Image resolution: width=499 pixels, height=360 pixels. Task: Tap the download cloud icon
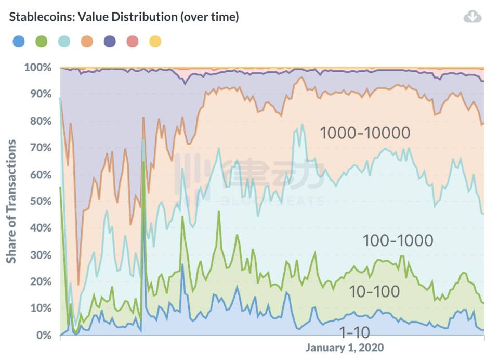tap(472, 17)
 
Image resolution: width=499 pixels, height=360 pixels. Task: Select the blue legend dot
tap(18, 41)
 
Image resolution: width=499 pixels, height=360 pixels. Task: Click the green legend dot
tap(41, 41)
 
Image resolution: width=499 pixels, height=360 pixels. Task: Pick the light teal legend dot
tap(64, 41)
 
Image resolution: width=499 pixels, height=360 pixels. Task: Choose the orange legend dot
tap(87, 41)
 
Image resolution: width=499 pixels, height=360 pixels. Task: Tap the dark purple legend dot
tap(110, 41)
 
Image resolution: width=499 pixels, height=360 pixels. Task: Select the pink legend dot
tap(133, 41)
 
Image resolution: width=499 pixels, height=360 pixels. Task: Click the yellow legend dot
tap(155, 41)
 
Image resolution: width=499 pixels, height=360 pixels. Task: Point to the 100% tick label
tap(38, 68)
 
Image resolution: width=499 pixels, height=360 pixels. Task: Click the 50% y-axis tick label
tap(40, 201)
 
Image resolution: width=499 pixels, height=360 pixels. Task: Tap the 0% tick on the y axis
tap(43, 335)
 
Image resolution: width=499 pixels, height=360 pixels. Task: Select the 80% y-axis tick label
tap(40, 121)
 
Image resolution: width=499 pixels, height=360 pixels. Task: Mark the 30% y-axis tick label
tap(40, 255)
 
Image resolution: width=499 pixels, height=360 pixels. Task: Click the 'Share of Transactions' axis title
tap(11, 201)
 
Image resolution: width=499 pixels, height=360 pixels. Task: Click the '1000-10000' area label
tap(365, 133)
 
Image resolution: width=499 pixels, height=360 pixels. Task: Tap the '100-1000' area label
tap(397, 240)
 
